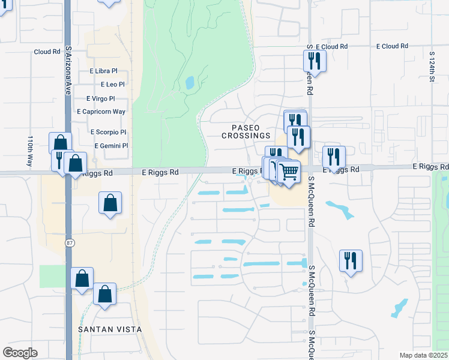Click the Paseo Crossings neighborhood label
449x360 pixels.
tap(245, 131)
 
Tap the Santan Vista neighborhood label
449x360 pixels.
tap(110, 329)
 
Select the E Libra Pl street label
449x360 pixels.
tap(103, 71)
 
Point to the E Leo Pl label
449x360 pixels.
tap(112, 85)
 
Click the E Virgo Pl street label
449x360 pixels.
tap(100, 98)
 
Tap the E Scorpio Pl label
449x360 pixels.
tap(108, 132)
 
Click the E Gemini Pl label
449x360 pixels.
tap(111, 146)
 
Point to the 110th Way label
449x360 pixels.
tap(30, 151)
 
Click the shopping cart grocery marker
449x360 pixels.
tap(289, 172)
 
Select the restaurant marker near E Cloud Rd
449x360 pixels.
tap(315, 61)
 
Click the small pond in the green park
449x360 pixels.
tap(190, 83)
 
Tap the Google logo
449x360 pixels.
tap(20, 353)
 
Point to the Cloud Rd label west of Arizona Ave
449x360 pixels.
tap(46, 52)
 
